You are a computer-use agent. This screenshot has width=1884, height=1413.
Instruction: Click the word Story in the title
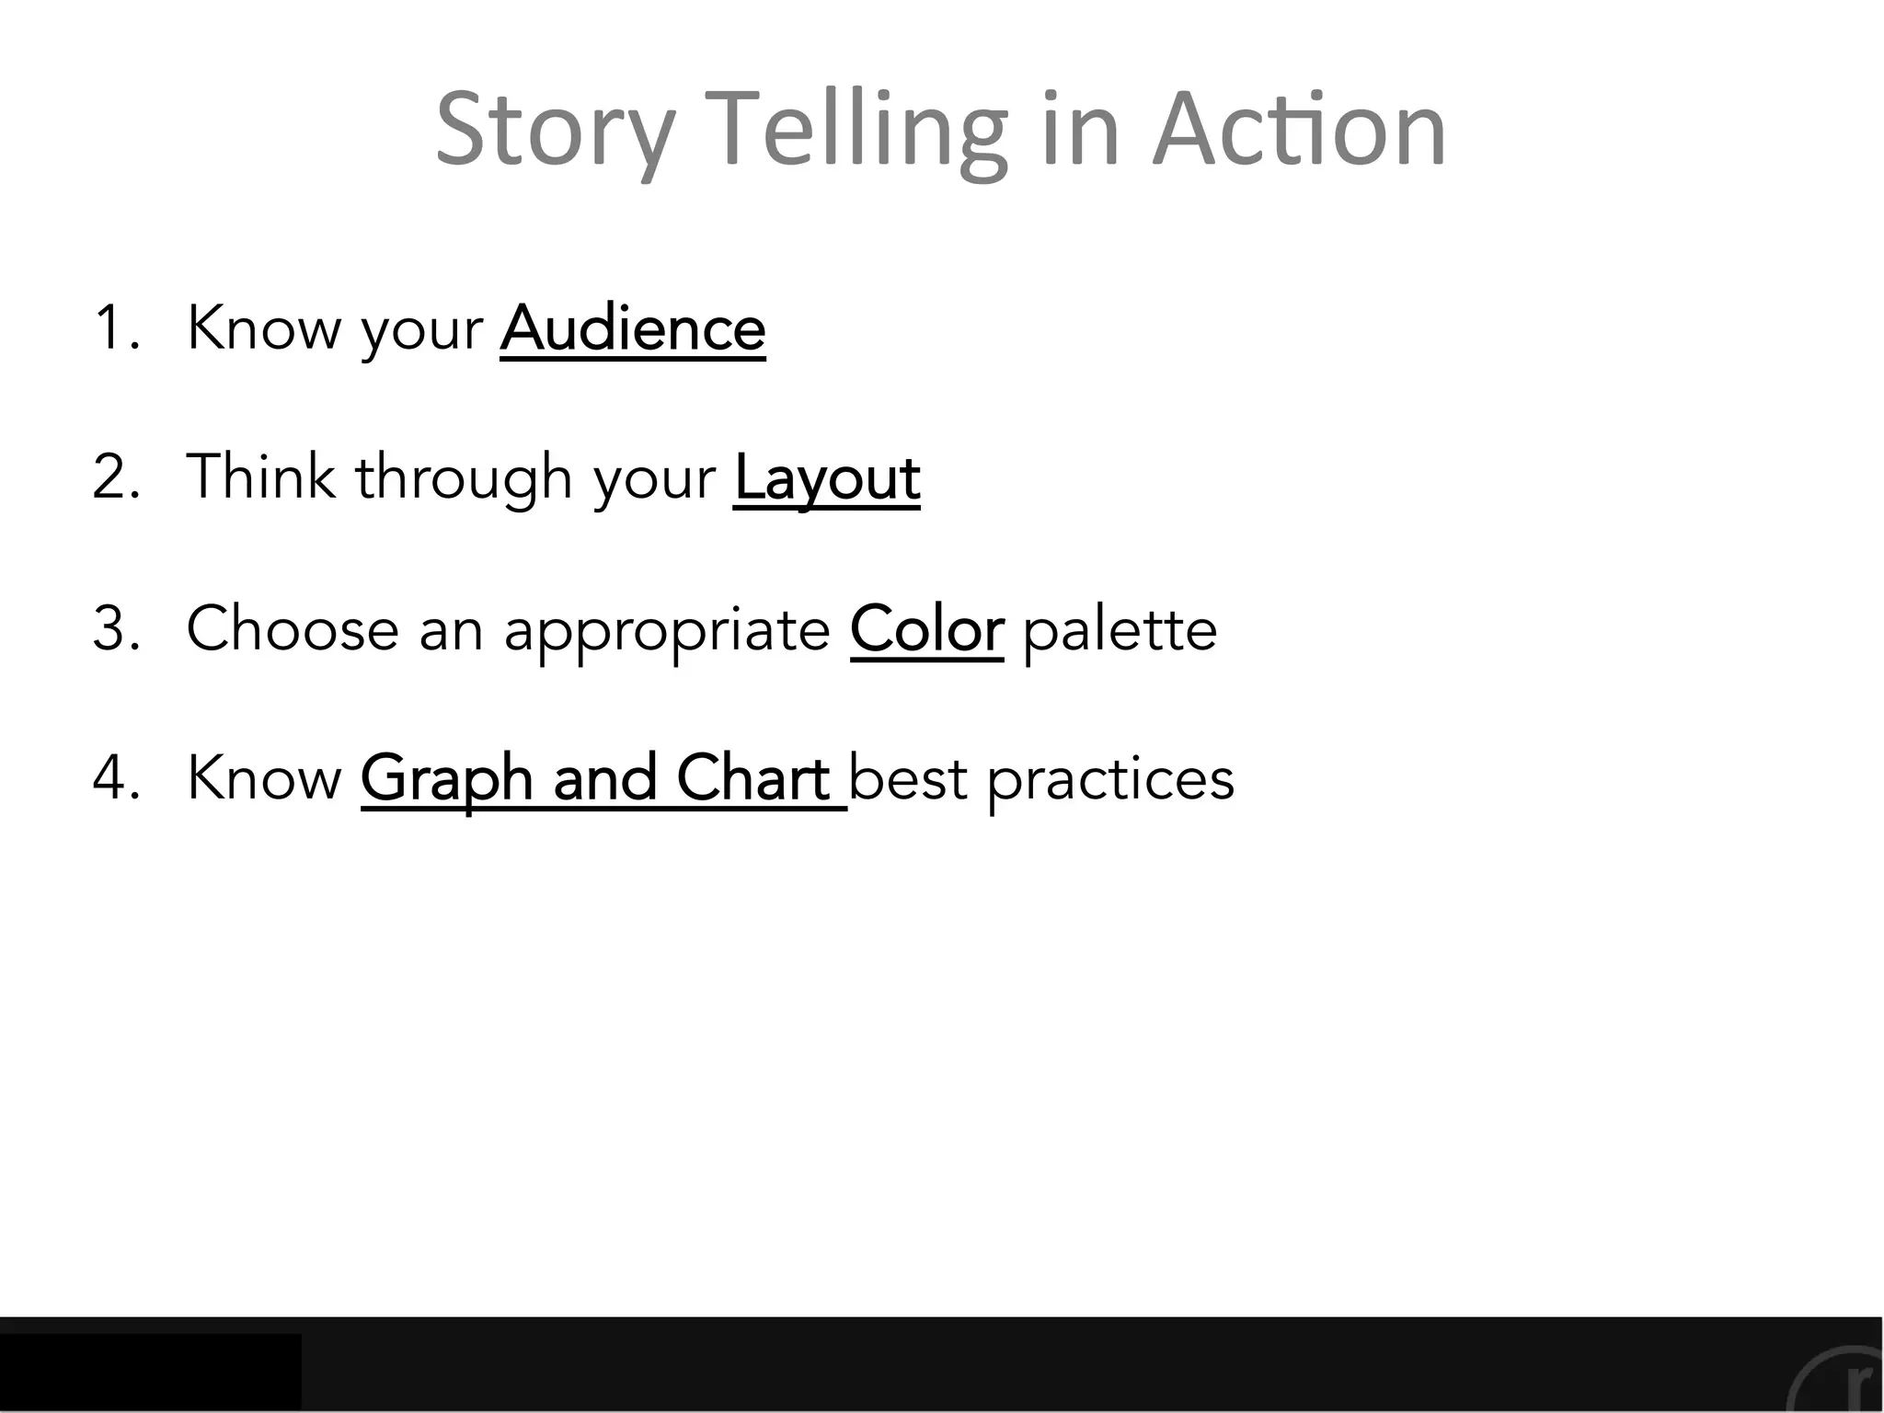(556, 131)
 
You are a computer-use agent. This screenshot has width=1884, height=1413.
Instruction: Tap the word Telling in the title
(860, 131)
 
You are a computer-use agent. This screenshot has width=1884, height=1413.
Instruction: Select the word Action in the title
(1299, 131)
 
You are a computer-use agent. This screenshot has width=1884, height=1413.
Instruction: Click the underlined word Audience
(633, 328)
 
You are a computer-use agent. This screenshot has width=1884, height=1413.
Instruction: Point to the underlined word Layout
(827, 478)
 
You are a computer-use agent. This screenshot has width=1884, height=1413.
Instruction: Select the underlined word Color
(926, 629)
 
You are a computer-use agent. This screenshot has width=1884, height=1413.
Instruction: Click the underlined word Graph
(447, 779)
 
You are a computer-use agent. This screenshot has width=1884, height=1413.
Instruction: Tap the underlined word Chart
(753, 778)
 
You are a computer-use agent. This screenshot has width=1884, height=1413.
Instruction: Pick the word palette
(1120, 629)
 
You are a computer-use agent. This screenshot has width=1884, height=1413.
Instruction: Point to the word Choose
(293, 629)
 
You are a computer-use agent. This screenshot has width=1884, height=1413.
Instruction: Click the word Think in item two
(261, 477)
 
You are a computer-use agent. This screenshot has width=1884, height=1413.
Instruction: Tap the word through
(465, 478)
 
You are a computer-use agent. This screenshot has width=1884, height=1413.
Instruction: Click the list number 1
(114, 328)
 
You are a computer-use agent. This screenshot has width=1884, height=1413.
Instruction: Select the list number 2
(116, 478)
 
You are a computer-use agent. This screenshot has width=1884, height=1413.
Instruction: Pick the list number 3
(116, 629)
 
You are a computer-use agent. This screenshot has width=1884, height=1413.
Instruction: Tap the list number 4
(116, 779)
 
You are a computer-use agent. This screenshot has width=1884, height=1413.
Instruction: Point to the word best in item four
(907, 779)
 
